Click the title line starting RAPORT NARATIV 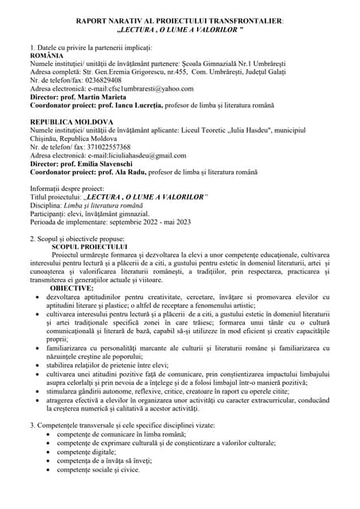179,17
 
